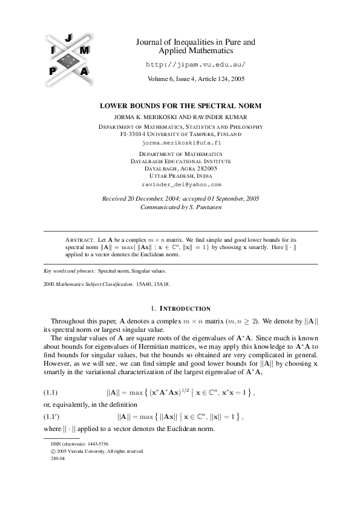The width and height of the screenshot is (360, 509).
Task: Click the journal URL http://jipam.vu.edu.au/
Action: (197, 64)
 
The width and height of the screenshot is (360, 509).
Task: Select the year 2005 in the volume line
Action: (237, 79)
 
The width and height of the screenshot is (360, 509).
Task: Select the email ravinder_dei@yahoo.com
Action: (181, 184)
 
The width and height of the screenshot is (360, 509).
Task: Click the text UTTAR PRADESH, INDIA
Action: (181, 175)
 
